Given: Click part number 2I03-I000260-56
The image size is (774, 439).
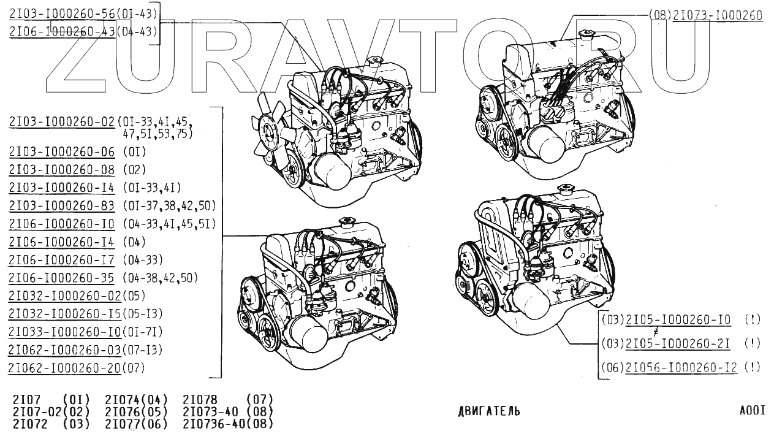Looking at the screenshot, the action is coord(62,14).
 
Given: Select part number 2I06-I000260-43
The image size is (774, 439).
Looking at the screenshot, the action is coord(62,31).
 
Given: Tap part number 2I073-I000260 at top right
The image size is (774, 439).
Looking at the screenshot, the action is coord(718,15).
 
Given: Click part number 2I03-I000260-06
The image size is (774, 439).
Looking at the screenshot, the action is coord(61,151).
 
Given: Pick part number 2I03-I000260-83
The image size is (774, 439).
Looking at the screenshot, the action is coord(61,205).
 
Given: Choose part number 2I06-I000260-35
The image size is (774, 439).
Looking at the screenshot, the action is coord(61,278).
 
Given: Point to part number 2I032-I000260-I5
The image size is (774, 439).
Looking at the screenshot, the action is coord(65,314).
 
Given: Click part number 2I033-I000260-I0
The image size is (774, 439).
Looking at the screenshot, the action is coord(65,332).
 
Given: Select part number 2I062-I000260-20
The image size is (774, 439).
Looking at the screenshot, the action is coord(65,368).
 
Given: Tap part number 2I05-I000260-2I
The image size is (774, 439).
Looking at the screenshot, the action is coord(678,343).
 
